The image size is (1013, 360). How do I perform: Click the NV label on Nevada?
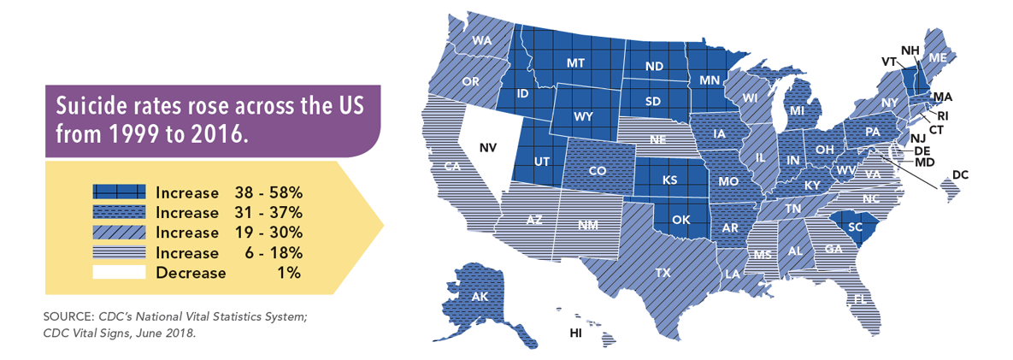[487, 148]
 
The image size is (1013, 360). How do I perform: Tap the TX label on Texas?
[663, 274]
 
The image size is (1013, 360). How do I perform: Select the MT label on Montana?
[575, 63]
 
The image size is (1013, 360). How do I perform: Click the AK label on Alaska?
[479, 297]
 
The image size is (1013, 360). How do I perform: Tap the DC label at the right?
[960, 175]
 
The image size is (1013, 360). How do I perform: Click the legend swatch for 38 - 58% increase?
[121, 192]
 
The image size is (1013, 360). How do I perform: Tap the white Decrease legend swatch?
[121, 273]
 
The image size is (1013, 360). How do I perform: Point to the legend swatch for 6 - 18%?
[121, 253]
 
